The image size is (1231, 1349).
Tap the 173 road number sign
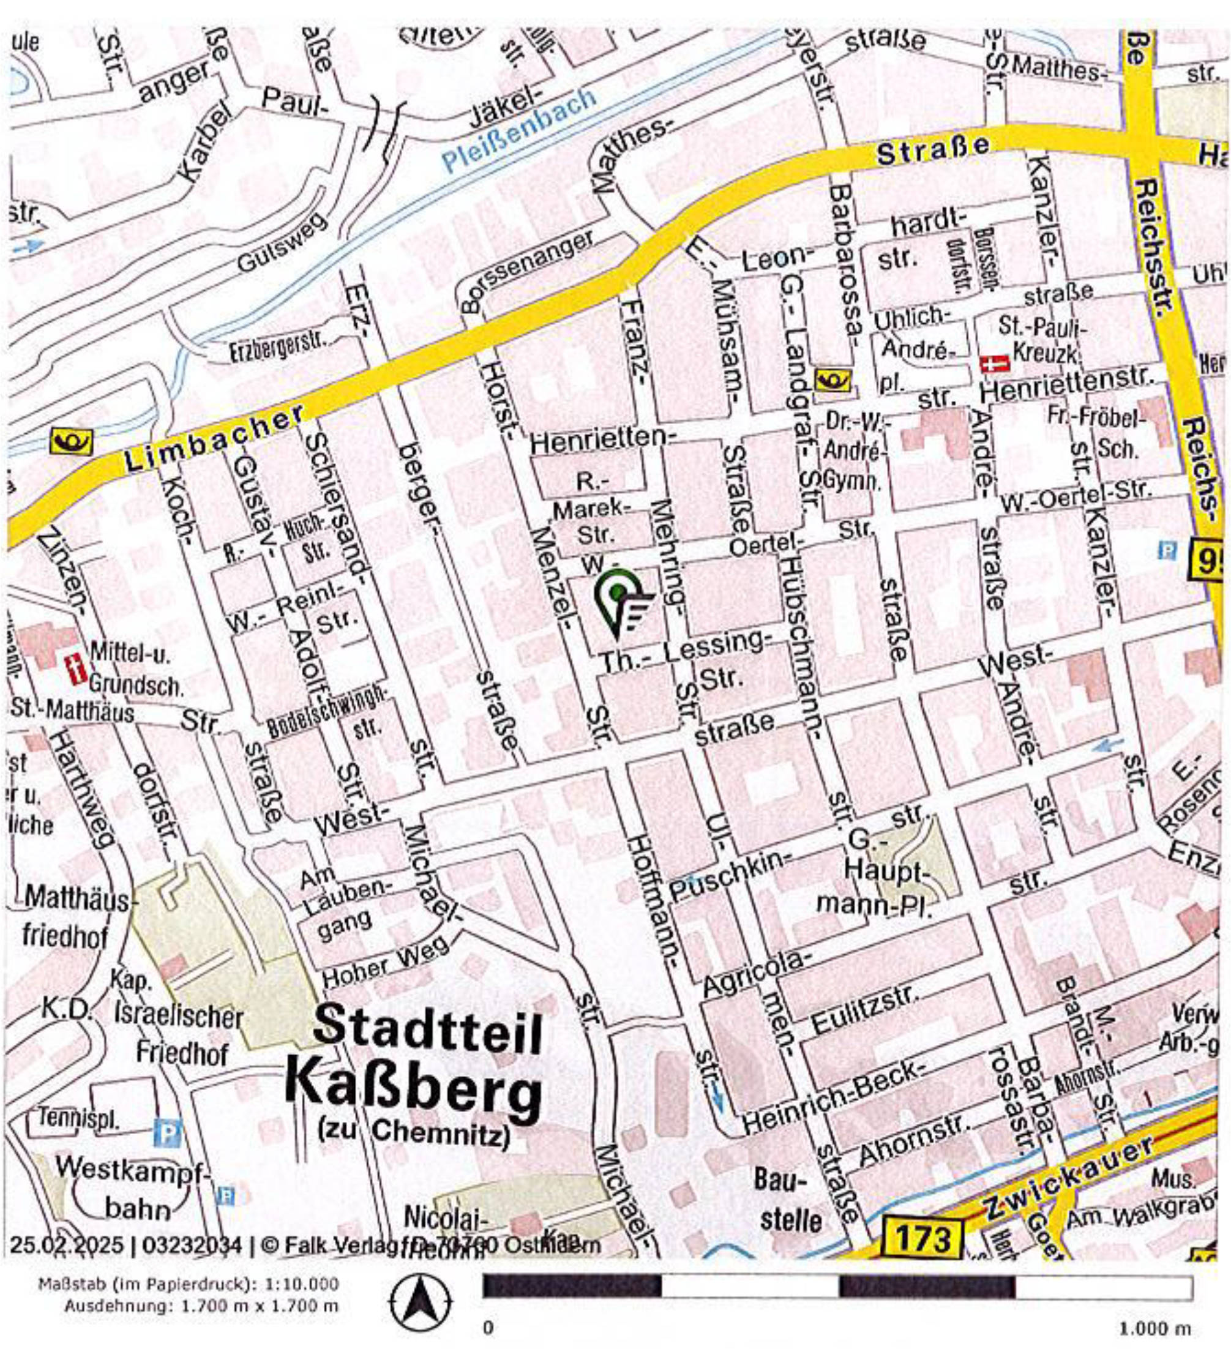(x=923, y=1239)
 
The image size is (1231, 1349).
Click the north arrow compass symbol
(x=421, y=1301)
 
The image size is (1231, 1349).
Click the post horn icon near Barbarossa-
(x=833, y=381)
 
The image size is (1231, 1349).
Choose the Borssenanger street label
(x=527, y=271)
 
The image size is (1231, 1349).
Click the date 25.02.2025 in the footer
(x=66, y=1246)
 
